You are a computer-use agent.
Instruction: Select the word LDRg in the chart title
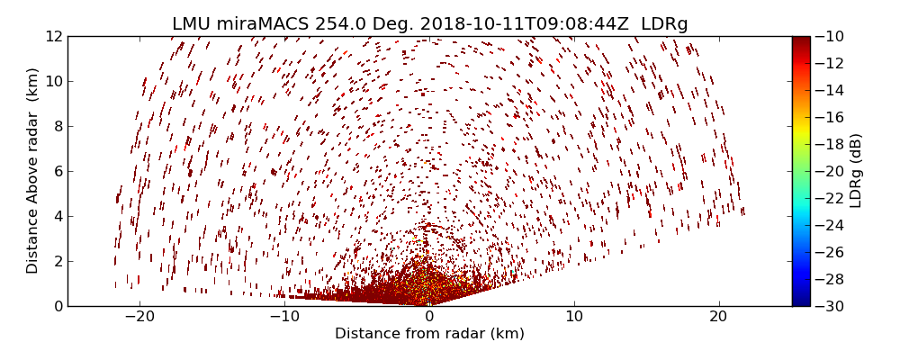[x=664, y=24]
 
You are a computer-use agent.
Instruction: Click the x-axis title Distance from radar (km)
[x=429, y=334]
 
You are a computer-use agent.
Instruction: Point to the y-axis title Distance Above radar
[x=33, y=171]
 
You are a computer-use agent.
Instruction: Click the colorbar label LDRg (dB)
[x=856, y=171]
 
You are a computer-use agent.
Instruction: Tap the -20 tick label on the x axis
[x=139, y=317]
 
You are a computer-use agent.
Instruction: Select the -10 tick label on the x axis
[x=284, y=317]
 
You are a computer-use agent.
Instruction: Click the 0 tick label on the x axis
[x=429, y=317]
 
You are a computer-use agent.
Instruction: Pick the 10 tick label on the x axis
[x=574, y=317]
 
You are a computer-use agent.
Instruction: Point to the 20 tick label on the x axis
[x=718, y=317]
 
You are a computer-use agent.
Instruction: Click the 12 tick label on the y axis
[x=54, y=36]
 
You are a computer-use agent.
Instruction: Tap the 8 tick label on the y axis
[x=58, y=126]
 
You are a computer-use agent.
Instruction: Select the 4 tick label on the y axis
[x=58, y=216]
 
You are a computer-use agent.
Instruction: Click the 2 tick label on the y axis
[x=58, y=261]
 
